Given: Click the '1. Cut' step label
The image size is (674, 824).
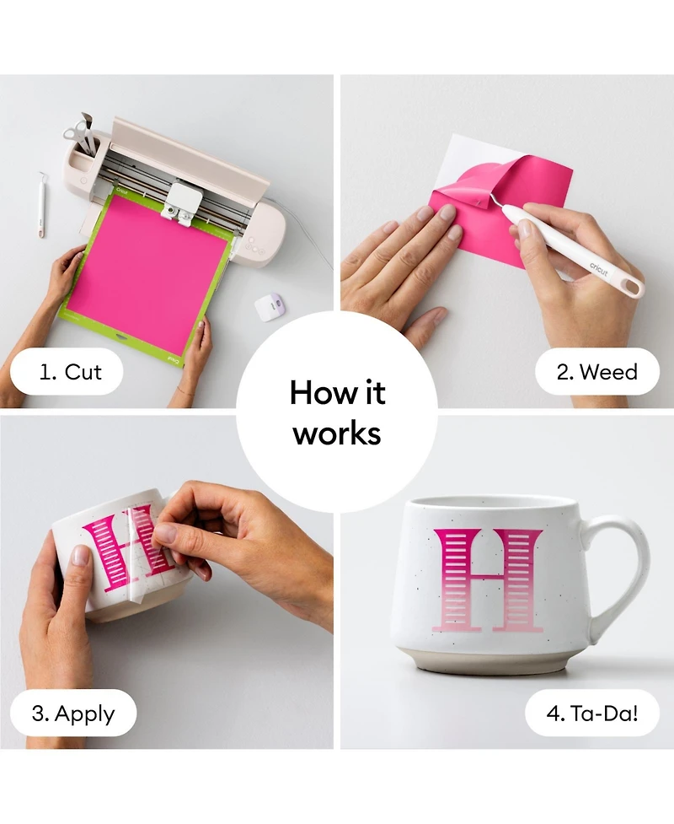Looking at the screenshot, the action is [70, 372].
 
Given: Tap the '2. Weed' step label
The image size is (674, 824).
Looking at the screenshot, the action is [596, 372].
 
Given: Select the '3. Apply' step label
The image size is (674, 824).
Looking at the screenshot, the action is [73, 714].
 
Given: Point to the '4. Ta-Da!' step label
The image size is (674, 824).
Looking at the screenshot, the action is [592, 714].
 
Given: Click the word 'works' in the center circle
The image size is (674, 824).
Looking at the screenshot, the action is [337, 434].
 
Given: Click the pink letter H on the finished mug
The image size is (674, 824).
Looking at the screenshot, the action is [488, 580].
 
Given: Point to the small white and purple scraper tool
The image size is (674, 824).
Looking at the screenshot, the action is [270, 305].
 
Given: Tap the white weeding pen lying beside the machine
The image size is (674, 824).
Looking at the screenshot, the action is [41, 204].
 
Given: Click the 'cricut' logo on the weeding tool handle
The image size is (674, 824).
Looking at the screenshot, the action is [598, 269].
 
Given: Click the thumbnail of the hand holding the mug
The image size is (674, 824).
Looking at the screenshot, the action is [80, 556].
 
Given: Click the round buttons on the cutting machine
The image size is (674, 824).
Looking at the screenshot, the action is [254, 246].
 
